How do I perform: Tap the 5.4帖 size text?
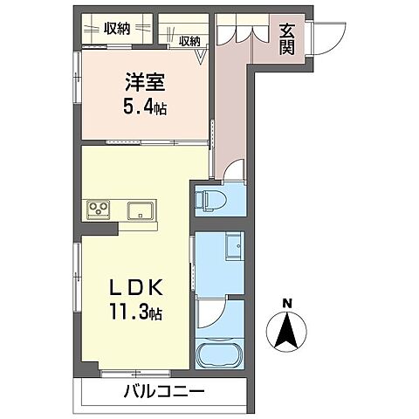coord(144,108)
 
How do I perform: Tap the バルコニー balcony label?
coord(163,391)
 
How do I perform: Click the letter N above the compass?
coord(285,304)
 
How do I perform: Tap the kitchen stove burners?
coord(97,209)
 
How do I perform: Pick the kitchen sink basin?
coord(140,209)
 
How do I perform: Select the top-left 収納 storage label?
coord(116,28)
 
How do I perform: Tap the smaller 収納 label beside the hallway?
coord(189,40)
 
